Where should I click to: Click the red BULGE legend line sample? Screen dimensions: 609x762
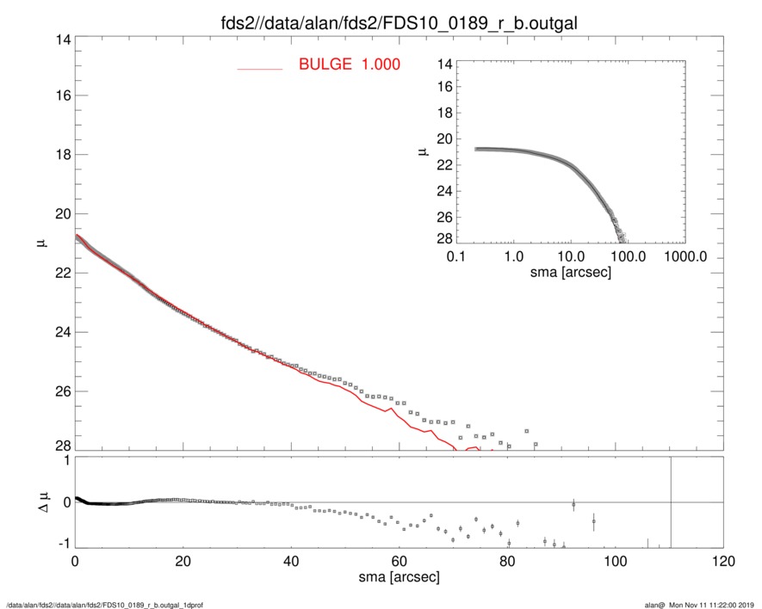(260, 68)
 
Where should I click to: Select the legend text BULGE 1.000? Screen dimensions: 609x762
(349, 65)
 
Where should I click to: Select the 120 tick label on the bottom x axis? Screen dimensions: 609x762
(722, 562)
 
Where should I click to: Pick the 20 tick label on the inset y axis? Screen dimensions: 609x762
(444, 138)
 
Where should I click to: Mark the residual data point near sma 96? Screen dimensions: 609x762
(593, 521)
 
